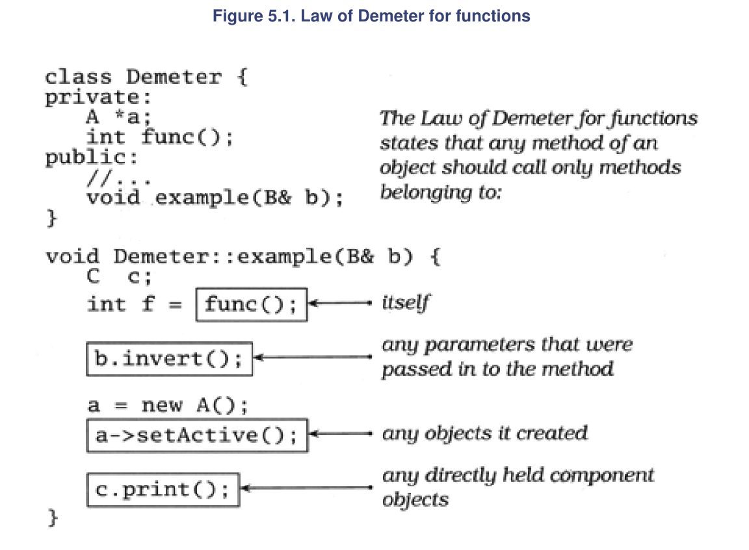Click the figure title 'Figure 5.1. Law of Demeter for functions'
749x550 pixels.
[371, 16]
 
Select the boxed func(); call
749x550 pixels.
[251, 304]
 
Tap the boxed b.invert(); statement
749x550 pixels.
[169, 359]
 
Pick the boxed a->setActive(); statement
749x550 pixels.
[197, 436]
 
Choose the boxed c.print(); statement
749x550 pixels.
[163, 490]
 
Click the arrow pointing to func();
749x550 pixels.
[340, 303]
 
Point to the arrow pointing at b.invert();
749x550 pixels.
[312, 357]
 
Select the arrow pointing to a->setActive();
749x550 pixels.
[340, 434]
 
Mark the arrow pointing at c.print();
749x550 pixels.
[306, 488]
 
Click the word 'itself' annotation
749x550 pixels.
[406, 303]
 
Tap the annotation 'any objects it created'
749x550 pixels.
[484, 433]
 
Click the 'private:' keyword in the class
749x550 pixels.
[98, 98]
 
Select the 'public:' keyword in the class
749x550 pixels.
[91, 157]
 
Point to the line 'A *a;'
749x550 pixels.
[119, 116]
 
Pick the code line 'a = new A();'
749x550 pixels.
[168, 405]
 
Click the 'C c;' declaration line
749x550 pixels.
[120, 276]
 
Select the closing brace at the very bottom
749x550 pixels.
[53, 517]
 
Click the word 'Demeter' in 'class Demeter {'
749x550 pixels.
[174, 77]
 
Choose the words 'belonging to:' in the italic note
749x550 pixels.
[441, 192]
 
